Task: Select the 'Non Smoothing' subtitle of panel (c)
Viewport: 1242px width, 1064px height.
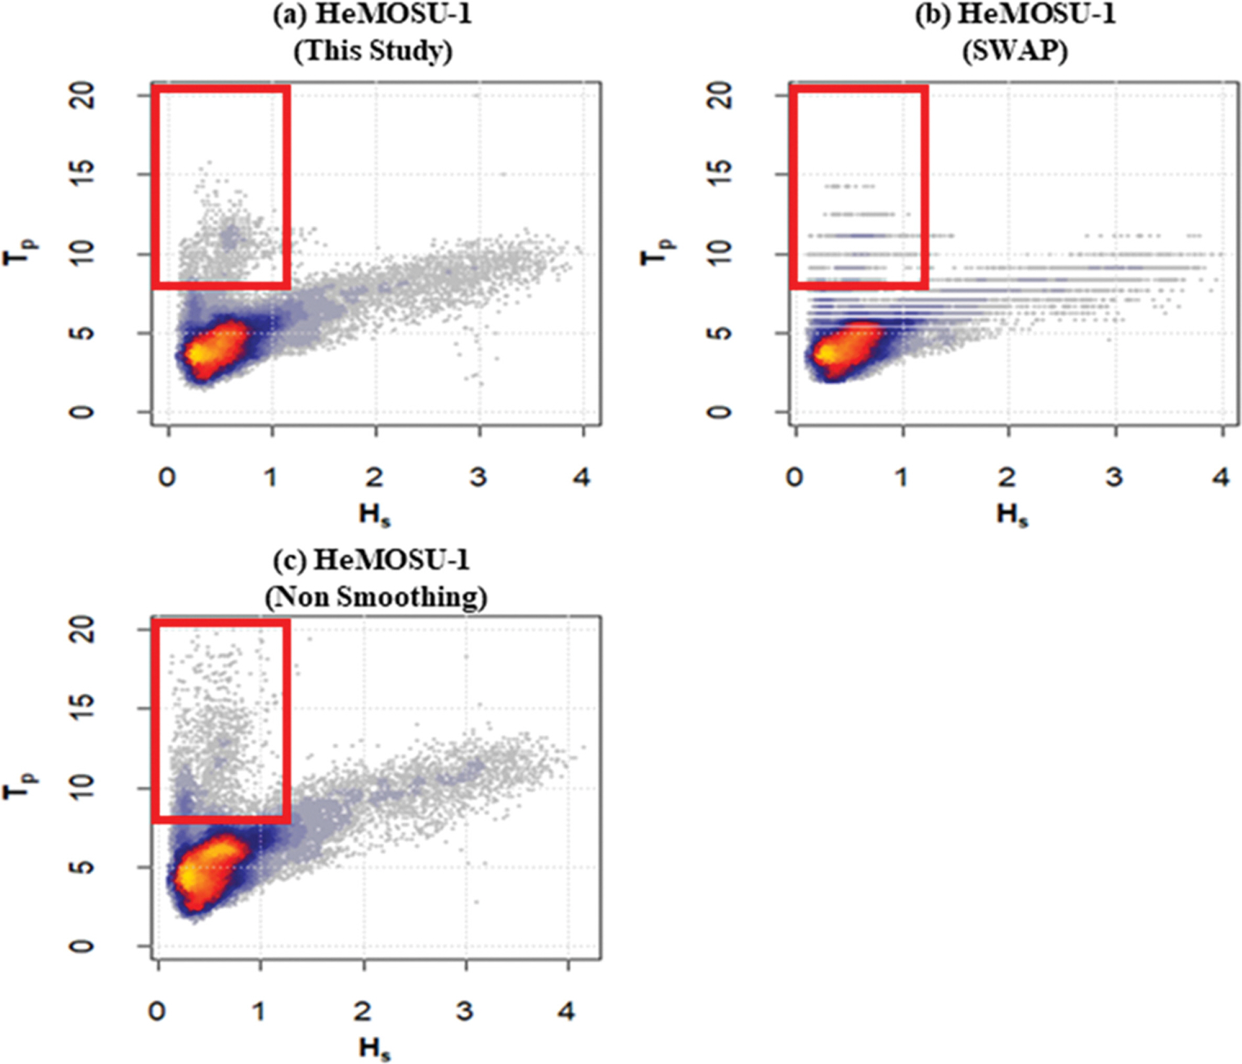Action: click(x=376, y=597)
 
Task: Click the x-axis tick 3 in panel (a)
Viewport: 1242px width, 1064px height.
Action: click(x=478, y=477)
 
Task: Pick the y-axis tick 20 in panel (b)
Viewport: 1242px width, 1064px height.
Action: click(x=723, y=96)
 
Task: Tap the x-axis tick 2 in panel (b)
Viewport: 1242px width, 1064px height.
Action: click(x=1007, y=477)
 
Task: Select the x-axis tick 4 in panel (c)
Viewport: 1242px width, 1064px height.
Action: click(x=566, y=1011)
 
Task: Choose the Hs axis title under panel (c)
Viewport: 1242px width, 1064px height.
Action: click(x=375, y=1048)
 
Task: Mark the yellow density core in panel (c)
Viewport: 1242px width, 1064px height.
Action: click(x=189, y=877)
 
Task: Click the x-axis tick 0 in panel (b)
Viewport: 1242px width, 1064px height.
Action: click(x=795, y=477)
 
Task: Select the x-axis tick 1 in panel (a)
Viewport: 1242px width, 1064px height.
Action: click(x=271, y=477)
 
